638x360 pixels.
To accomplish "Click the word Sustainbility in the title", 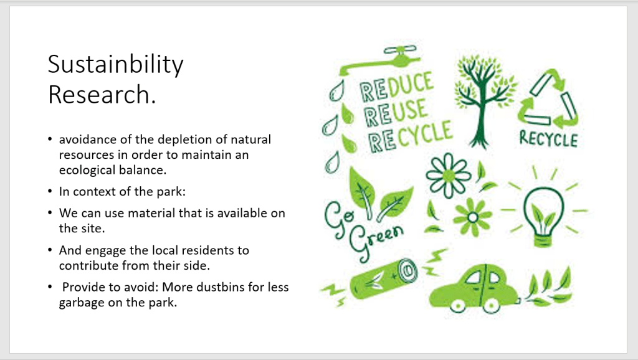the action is click(115, 65).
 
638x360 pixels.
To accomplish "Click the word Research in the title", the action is click(100, 95).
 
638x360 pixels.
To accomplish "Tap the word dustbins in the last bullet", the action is click(217, 287).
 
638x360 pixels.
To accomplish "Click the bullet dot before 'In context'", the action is click(50, 191).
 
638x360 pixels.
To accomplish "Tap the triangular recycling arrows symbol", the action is click(547, 100).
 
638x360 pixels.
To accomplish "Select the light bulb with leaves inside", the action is click(543, 216).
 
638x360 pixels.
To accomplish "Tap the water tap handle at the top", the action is click(400, 50).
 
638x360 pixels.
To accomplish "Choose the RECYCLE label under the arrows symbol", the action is click(548, 139).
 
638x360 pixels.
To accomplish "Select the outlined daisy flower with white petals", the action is click(448, 175).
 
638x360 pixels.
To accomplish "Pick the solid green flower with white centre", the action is click(472, 217).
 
